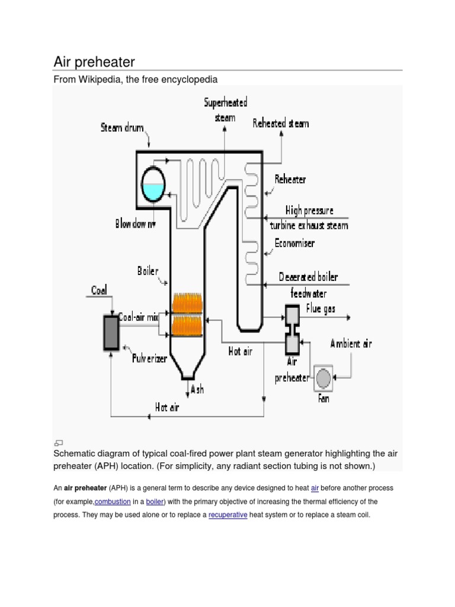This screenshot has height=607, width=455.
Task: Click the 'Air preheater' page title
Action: click(x=94, y=62)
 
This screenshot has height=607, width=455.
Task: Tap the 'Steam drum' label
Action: click(x=121, y=127)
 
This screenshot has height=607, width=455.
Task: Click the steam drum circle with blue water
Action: click(x=153, y=184)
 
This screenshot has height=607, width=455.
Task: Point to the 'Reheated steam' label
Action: click(x=281, y=123)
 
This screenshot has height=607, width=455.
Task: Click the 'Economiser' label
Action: click(x=294, y=243)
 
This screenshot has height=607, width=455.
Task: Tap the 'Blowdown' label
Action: click(x=135, y=224)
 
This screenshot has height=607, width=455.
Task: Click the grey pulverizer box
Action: click(x=111, y=333)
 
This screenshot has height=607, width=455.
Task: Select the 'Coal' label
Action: click(x=99, y=290)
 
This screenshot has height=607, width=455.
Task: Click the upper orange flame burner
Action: click(x=187, y=303)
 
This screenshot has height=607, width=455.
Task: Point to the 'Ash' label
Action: click(x=197, y=389)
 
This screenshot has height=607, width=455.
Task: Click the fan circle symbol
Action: click(x=323, y=378)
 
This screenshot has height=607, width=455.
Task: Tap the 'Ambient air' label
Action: click(x=351, y=343)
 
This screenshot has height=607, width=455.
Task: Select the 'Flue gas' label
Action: click(x=321, y=308)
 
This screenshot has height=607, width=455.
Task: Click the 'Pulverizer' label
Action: click(x=149, y=359)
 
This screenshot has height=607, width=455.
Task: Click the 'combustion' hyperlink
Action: click(x=113, y=501)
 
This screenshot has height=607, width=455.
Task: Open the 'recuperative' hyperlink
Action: click(x=227, y=515)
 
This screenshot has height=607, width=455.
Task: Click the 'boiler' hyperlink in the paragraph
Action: click(x=155, y=501)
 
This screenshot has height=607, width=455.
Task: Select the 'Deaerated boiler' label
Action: click(x=308, y=277)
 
